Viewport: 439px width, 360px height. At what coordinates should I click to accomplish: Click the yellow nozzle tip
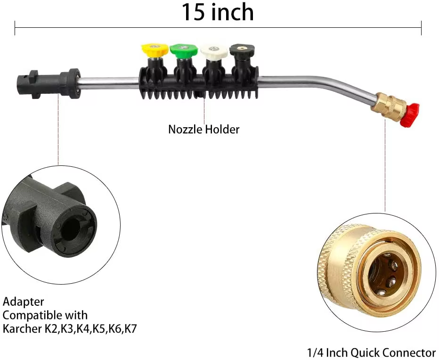coord(154,49)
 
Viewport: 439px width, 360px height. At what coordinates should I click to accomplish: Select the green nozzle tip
coord(183,49)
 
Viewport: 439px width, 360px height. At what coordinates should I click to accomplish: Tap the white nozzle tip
coord(213,49)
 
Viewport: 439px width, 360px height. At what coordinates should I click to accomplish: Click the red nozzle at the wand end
coord(411,115)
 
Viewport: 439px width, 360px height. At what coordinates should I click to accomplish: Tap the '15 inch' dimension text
coord(218,13)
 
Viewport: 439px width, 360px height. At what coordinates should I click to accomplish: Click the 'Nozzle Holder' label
coord(203,129)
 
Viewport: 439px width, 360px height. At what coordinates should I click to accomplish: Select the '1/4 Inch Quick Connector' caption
coord(371,352)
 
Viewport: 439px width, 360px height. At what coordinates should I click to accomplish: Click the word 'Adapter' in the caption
coord(23,302)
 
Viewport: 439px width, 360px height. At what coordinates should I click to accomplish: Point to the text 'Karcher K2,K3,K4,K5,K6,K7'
coord(70,328)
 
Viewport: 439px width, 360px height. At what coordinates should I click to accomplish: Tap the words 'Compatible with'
coord(45,315)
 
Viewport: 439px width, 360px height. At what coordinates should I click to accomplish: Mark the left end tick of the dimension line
coord(15,28)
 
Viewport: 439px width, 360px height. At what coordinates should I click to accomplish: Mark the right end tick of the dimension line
coord(421,28)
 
